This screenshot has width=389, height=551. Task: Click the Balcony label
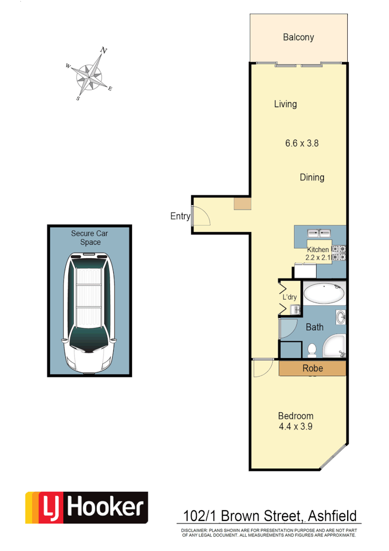click(x=298, y=37)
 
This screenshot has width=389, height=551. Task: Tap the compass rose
click(x=89, y=74)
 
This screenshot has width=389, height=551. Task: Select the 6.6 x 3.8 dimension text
click(x=302, y=143)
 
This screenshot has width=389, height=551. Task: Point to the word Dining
click(x=312, y=178)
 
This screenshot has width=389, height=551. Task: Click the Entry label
click(x=179, y=216)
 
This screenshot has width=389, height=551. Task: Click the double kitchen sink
click(x=319, y=233)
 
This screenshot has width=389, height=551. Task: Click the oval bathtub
click(x=324, y=294)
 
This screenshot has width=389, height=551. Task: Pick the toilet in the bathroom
click(x=313, y=350)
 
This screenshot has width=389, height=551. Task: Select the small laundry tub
click(x=294, y=309)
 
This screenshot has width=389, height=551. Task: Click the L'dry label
click(x=289, y=297)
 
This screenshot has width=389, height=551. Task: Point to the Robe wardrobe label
click(x=313, y=368)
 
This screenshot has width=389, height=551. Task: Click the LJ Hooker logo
click(x=87, y=508)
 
